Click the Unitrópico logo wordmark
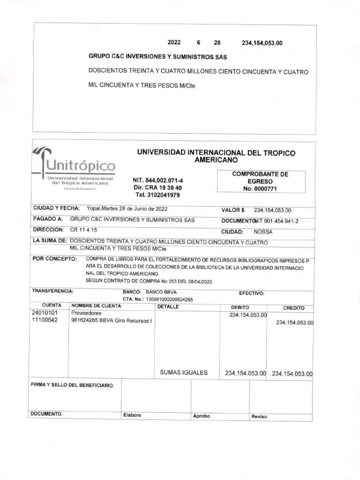pos(80,166)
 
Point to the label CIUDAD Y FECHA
pos(57,208)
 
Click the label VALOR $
pos(233,210)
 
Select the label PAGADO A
pos(48,219)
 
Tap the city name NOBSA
pos(263,232)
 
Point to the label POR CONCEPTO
pos(54,259)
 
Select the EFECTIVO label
pos(252,293)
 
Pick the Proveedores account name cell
pos(86,313)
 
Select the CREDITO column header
pos(293,308)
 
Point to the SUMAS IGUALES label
pos(184,373)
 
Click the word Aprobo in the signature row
pos(202,416)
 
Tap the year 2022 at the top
pos(174,43)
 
